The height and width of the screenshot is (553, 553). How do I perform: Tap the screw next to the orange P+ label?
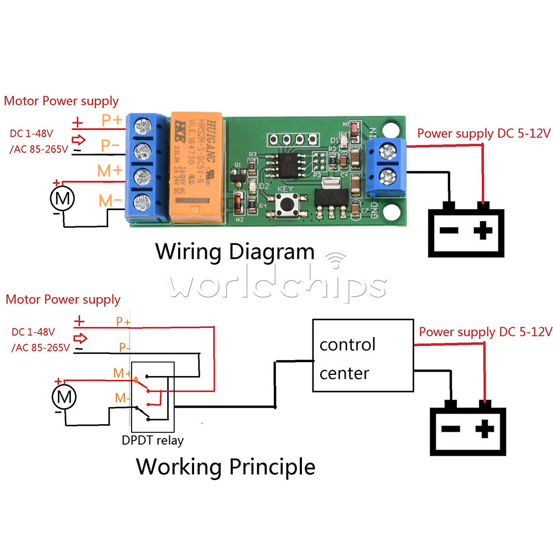[144, 127]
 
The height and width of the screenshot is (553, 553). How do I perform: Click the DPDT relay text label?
[153, 440]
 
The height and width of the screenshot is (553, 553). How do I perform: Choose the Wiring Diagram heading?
[234, 252]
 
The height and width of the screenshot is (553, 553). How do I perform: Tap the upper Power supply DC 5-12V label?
[484, 133]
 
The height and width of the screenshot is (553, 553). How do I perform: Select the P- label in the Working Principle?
[123, 348]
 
